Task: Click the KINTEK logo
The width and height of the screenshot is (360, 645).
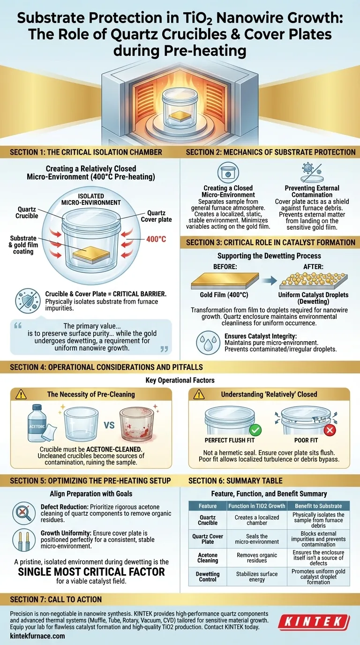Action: (x=314, y=622)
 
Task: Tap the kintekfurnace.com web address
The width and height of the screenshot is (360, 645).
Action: (x=37, y=636)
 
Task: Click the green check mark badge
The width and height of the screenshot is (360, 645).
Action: (x=255, y=430)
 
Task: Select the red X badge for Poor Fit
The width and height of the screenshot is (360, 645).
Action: (x=330, y=430)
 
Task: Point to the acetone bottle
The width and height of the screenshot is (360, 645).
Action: (x=37, y=423)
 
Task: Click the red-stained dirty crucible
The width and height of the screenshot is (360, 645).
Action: (x=136, y=424)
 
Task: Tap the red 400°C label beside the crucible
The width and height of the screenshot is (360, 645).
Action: (x=156, y=239)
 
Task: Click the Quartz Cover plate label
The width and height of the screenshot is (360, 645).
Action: (x=156, y=216)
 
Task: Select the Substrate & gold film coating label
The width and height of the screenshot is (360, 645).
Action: (x=23, y=245)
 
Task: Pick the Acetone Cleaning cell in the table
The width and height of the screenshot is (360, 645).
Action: (x=208, y=557)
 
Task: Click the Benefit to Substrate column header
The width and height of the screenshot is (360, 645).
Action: (x=318, y=506)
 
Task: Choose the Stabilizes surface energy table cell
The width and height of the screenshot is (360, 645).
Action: (x=257, y=577)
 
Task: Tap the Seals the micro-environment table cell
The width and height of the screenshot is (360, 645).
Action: (x=257, y=539)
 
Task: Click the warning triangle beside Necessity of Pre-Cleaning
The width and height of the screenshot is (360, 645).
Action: (x=21, y=395)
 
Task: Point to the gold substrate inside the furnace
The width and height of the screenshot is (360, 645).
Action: (x=180, y=116)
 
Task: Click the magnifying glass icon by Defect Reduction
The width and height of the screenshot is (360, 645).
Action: (x=23, y=513)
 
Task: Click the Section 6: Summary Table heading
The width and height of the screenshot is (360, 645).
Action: (x=235, y=480)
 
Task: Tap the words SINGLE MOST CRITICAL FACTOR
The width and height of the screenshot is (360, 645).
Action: (x=91, y=571)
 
